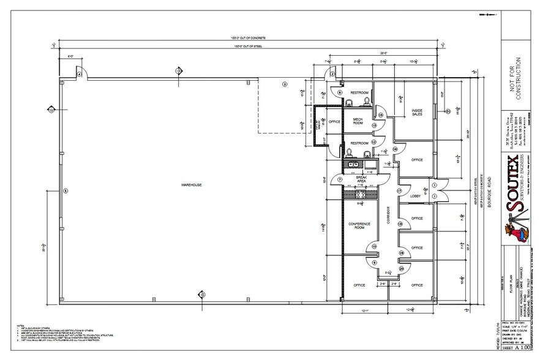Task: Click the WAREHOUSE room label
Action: [x=191, y=184]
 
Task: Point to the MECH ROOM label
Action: [x=358, y=121]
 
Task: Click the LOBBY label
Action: [x=415, y=196]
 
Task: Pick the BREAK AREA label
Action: [x=361, y=179]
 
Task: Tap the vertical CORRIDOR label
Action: [x=388, y=217]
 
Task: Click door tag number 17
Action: [x=399, y=191]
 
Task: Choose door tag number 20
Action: [x=401, y=268]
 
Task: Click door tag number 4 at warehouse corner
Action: [x=79, y=75]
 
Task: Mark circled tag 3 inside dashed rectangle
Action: [x=284, y=84]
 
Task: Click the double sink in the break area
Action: [x=354, y=164]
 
